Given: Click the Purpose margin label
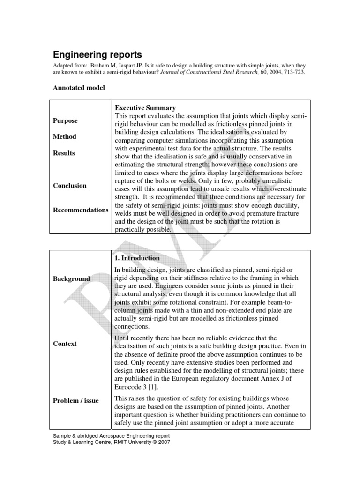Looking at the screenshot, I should (x=65, y=120).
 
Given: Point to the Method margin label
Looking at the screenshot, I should (x=65, y=137).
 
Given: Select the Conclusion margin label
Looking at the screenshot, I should (x=70, y=186).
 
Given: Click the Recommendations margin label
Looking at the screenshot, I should (x=80, y=210).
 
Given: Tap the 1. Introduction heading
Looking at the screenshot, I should (x=137, y=258).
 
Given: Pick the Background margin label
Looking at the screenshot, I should (x=71, y=279).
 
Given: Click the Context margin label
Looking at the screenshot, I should (x=65, y=344).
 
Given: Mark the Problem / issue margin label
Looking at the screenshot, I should (x=76, y=401).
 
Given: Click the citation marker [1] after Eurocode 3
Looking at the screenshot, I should (x=154, y=386).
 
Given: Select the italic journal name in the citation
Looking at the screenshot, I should (x=206, y=73).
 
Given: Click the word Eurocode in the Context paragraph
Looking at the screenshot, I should (x=128, y=386).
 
